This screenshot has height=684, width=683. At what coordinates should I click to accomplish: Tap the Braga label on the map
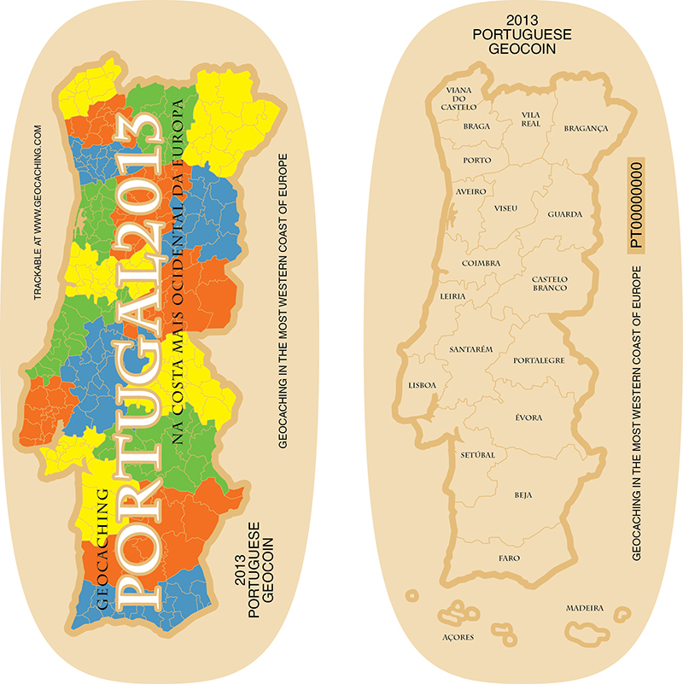pos(476,126)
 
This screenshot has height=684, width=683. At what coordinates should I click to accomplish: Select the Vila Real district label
pos(530,119)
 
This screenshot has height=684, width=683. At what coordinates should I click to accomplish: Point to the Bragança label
pos(586,128)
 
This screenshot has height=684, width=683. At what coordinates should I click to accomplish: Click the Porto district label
pos(476,160)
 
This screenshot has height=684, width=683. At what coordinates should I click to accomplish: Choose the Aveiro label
pos(471,192)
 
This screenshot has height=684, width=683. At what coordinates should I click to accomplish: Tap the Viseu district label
pos(505,208)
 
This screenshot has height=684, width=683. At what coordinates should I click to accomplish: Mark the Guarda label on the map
pos(565,213)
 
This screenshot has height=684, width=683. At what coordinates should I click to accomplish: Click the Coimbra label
pos(481,263)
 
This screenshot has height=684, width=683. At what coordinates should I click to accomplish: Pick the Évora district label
pos(528,418)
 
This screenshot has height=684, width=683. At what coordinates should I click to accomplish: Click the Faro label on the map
pos(509,558)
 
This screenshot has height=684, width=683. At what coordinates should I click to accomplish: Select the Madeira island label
pos(585,609)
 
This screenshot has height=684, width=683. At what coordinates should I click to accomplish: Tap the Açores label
pos(458,637)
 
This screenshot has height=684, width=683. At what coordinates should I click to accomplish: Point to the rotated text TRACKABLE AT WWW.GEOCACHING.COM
pos(38,213)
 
